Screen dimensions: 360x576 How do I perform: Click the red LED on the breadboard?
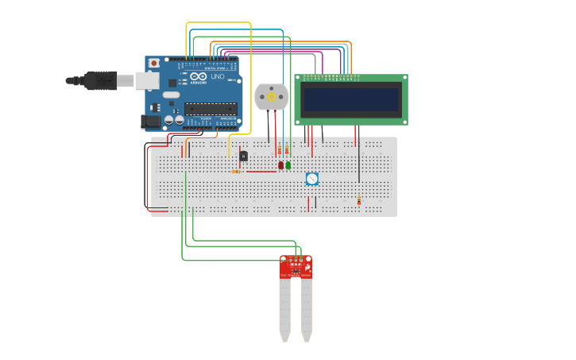(280, 165)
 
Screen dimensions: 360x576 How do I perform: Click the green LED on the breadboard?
(288, 165)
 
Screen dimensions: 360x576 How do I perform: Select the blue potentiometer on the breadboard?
(312, 180)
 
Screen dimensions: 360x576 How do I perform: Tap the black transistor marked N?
(243, 157)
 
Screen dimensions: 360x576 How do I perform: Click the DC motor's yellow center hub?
(271, 97)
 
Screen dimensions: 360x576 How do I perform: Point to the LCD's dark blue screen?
(350, 100)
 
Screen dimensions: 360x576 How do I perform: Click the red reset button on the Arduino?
(153, 63)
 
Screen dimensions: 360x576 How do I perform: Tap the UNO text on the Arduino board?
(217, 77)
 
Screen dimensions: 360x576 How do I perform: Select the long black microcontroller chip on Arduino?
(211, 109)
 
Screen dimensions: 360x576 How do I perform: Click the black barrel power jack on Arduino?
(151, 122)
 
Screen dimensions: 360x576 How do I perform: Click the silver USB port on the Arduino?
(147, 80)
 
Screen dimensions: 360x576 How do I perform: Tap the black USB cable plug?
(100, 80)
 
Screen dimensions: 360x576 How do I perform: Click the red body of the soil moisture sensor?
(296, 268)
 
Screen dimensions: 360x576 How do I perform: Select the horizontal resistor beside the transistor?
(237, 171)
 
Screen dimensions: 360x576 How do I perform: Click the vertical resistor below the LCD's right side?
(358, 201)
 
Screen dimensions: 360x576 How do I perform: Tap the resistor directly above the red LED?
(279, 151)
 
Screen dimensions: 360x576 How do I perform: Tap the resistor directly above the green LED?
(287, 151)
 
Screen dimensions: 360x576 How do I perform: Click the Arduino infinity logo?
(197, 76)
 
